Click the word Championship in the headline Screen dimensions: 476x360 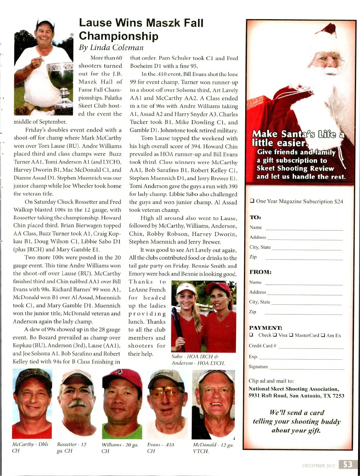[x=118, y=36]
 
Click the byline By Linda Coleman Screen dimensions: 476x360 [x=111, y=47]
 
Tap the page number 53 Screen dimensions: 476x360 [x=347, y=465]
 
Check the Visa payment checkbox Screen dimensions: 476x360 [x=274, y=335]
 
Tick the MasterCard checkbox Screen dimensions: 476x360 [x=291, y=335]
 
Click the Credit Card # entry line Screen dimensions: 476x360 [x=311, y=347]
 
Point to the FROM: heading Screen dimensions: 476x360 [x=260, y=272]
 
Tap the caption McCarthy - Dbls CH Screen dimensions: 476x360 [x=30, y=447]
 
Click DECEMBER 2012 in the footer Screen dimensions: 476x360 [x=318, y=465]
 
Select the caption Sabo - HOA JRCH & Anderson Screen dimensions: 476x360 [x=198, y=360]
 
